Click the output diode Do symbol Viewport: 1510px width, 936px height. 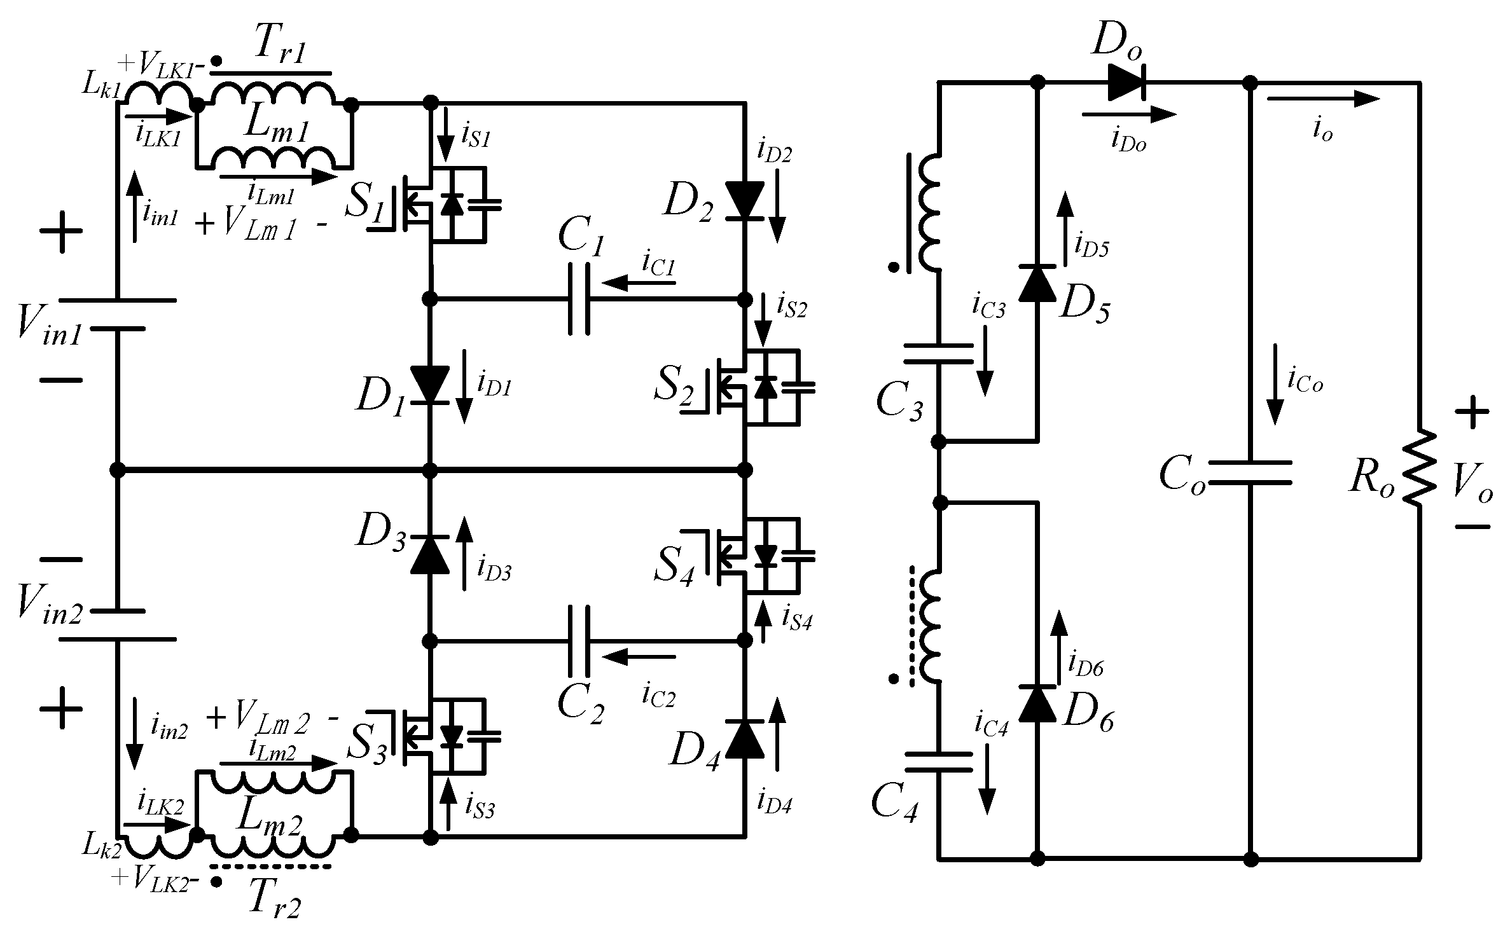coord(1126,83)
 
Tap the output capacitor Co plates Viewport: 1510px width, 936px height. coord(1250,472)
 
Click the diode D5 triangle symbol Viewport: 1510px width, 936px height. coord(1037,283)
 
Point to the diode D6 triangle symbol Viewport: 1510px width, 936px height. coord(1037,704)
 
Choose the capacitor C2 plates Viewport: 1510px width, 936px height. coord(578,640)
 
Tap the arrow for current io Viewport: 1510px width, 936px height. coord(1323,99)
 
